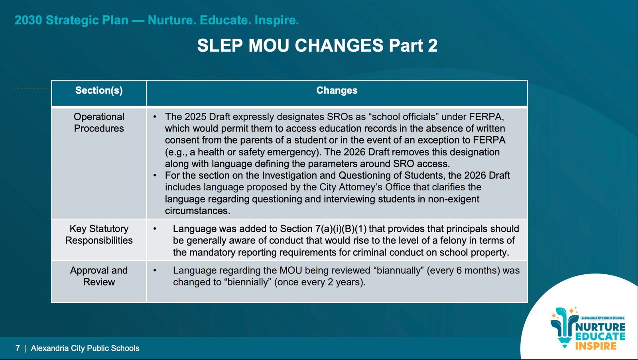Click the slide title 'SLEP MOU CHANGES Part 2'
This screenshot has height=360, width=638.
click(317, 45)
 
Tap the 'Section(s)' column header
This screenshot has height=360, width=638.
click(99, 90)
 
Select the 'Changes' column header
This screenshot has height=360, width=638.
click(337, 90)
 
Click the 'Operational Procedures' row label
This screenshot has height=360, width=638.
click(99, 122)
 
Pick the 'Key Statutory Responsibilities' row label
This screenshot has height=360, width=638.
click(99, 234)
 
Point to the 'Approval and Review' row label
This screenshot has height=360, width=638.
click(99, 276)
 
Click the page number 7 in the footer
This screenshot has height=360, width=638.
click(18, 348)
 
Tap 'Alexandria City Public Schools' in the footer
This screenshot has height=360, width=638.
click(85, 348)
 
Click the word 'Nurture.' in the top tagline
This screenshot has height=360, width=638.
click(172, 20)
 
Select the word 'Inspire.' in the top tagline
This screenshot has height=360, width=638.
click(277, 20)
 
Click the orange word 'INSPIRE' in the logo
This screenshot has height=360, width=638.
click(596, 346)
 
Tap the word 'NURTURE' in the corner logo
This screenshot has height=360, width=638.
click(601, 327)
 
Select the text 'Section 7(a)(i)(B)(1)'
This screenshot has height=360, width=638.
click(323, 229)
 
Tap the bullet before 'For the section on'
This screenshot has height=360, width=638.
click(155, 175)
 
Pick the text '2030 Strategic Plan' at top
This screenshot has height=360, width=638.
click(71, 20)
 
